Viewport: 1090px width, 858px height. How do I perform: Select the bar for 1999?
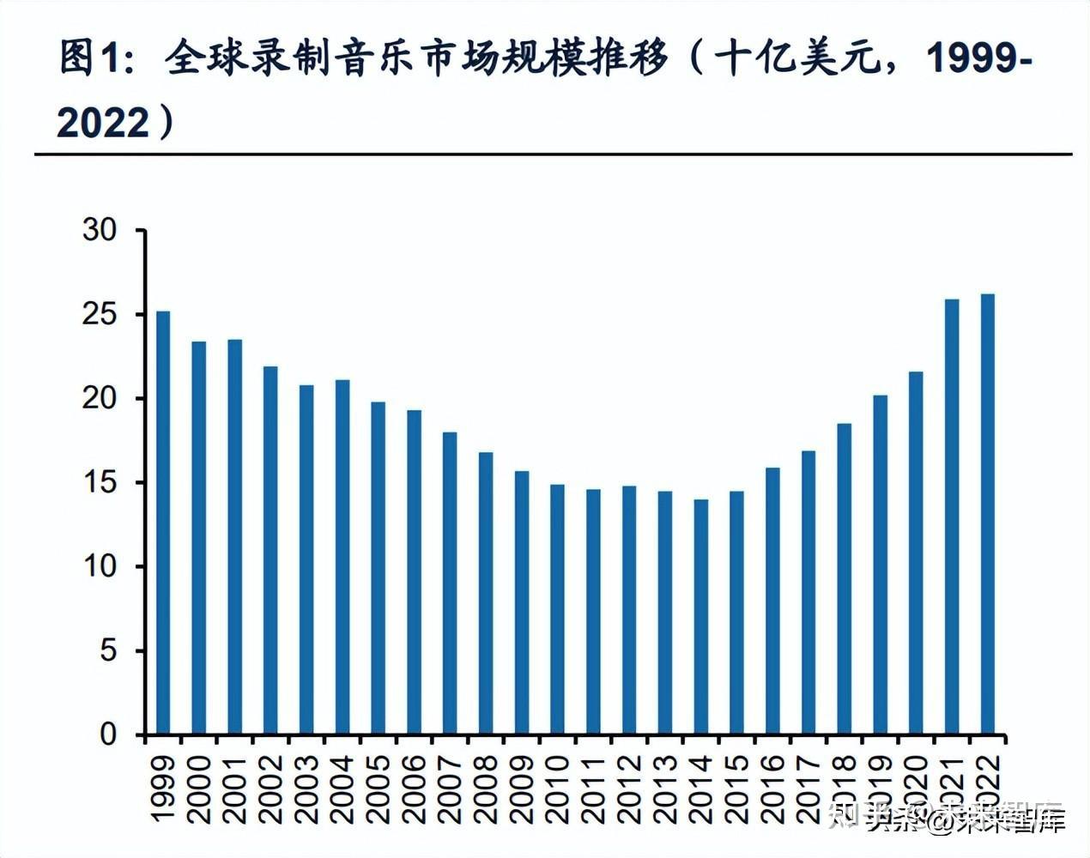163,523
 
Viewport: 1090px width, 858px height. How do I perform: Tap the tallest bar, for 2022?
988,514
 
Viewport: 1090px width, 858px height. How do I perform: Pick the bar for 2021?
952,517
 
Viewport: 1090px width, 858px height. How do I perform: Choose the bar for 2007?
450,583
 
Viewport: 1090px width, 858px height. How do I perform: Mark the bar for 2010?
557,609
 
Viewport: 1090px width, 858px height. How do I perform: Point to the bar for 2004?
342,557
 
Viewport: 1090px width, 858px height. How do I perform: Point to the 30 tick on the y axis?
99,231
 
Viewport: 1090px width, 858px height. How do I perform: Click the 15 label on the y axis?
99,483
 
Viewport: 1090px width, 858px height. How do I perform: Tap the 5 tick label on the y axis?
107,651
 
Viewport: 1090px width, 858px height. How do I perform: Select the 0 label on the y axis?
107,734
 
